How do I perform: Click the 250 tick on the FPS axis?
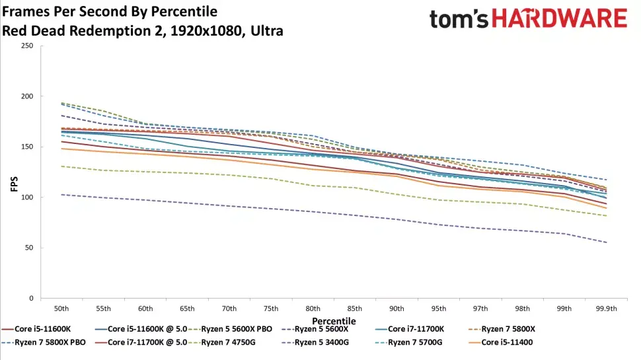26,46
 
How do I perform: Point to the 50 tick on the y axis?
28,248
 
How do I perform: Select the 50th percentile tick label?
61,308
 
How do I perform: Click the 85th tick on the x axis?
354,308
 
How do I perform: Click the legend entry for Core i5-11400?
508,342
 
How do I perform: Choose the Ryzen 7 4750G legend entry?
227,342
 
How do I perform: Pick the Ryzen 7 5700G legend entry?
414,342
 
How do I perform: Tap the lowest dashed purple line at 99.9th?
605,242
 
